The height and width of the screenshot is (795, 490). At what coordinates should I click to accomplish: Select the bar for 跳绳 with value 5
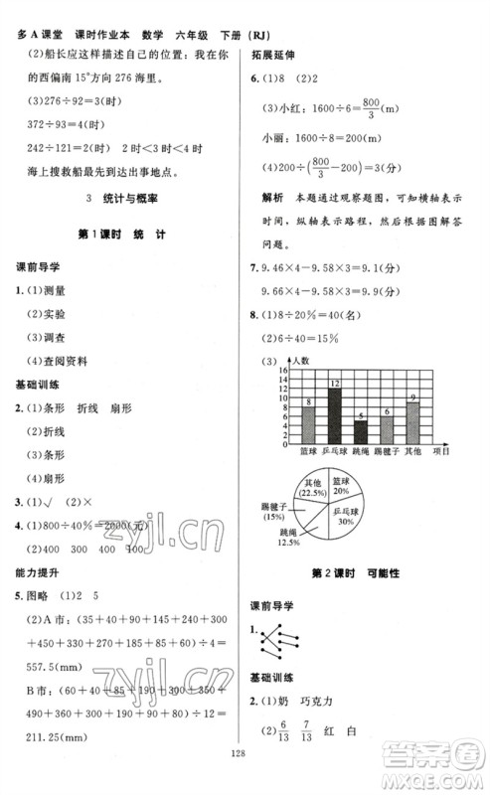click(361, 433)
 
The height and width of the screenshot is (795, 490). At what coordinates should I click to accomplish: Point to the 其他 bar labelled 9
click(412, 424)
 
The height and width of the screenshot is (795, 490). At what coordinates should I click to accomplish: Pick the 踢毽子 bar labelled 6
click(387, 430)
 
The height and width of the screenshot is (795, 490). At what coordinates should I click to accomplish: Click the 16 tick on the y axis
click(282, 369)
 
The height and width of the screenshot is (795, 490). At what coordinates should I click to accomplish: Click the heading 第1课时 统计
click(118, 233)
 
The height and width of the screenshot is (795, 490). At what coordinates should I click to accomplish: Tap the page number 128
click(245, 780)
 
